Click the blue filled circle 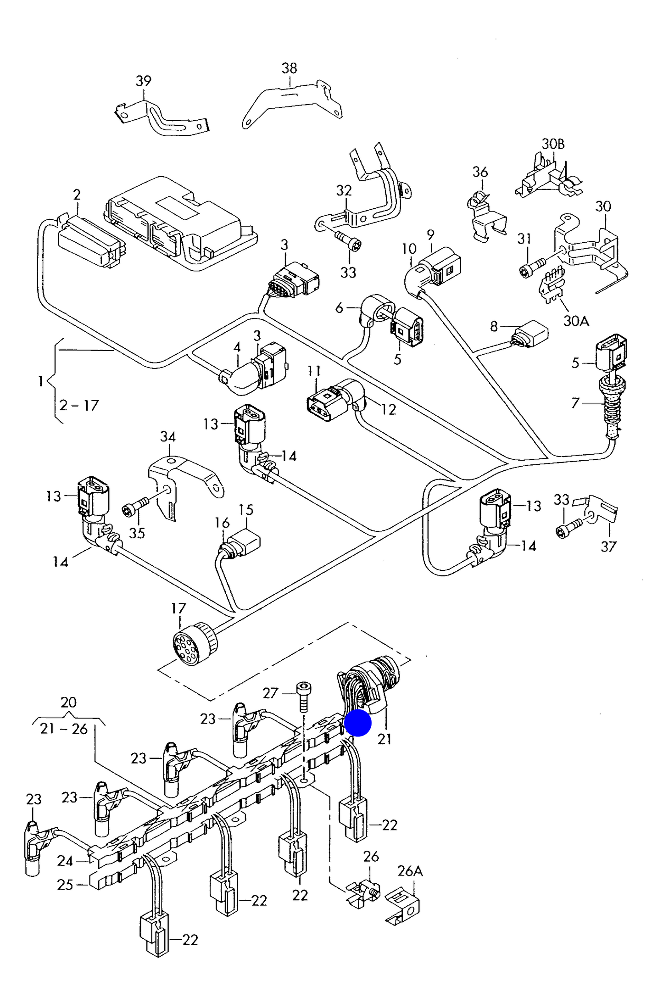coord(357,723)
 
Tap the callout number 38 coord(289,68)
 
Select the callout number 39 coord(143,81)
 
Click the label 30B coord(552,144)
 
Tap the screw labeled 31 coord(532,268)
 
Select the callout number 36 coord(480,172)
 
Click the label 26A coord(410,871)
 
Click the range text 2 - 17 coord(79,405)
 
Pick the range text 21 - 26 coord(64,729)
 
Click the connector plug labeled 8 coord(531,334)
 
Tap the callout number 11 coord(314,371)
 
